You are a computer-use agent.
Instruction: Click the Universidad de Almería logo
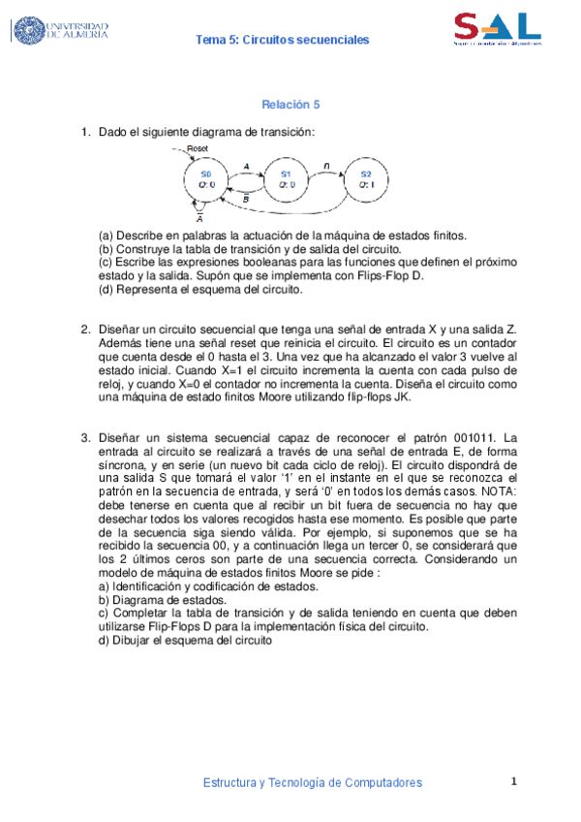tap(60, 30)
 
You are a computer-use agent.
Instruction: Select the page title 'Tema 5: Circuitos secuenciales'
tap(283, 40)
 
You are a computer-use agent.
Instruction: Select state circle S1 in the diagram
tap(286, 179)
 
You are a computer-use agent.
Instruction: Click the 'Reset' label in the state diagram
tap(198, 148)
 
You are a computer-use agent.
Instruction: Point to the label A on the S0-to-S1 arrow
tap(246, 167)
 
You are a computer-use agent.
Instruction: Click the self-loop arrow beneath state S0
tap(199, 206)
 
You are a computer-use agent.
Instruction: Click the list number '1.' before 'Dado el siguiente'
tap(86, 132)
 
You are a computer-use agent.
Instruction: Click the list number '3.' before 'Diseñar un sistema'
tap(86, 437)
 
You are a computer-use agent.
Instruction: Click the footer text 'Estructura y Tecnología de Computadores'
tap(313, 782)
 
